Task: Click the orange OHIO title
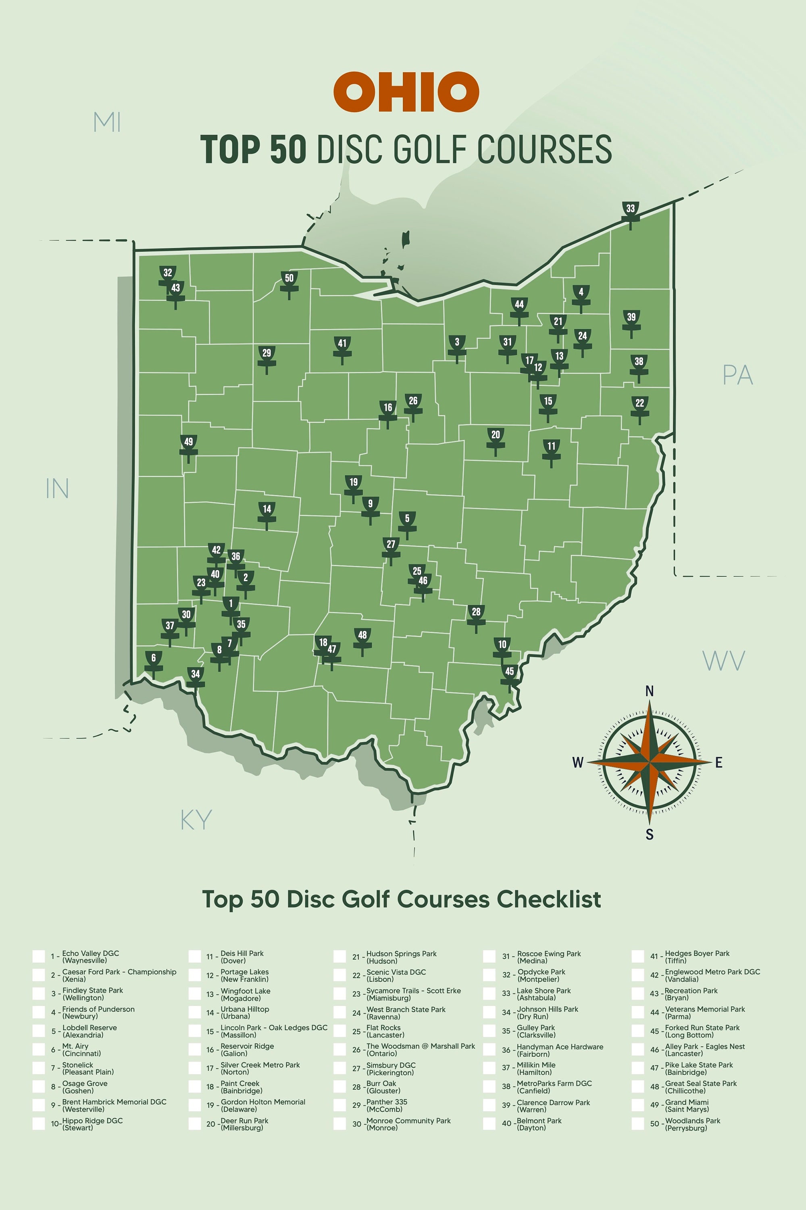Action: tap(406, 92)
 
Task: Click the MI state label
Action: tap(107, 122)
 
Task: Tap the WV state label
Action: tap(723, 661)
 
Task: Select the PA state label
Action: tap(737, 376)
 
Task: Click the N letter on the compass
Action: tap(649, 691)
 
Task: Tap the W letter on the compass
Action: tap(578, 763)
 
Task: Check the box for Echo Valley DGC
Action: tap(39, 956)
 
